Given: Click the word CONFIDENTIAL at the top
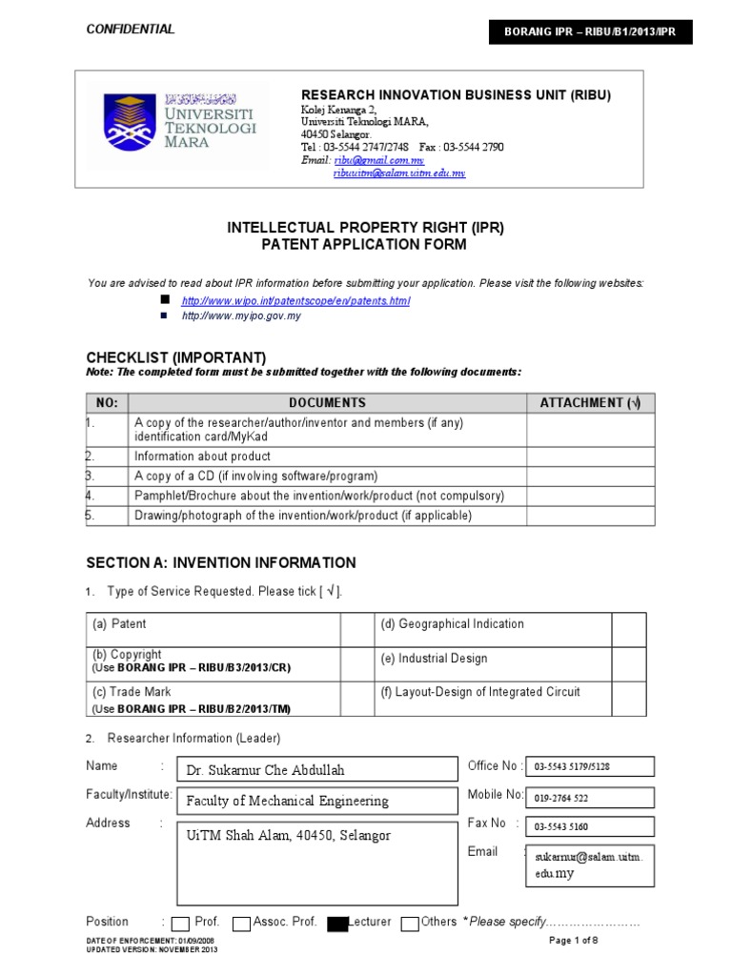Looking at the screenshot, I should [x=131, y=30].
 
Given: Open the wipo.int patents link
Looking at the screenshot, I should [x=295, y=301].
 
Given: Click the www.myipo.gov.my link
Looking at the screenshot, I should [x=241, y=315].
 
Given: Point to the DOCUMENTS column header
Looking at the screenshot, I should [x=327, y=403].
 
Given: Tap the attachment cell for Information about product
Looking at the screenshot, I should [x=590, y=457].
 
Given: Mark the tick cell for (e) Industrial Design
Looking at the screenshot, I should [x=627, y=664].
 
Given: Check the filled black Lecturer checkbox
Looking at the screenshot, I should [x=337, y=924].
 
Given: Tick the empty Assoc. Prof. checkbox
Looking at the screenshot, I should [x=242, y=924].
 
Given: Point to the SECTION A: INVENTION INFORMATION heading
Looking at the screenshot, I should [x=221, y=563].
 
